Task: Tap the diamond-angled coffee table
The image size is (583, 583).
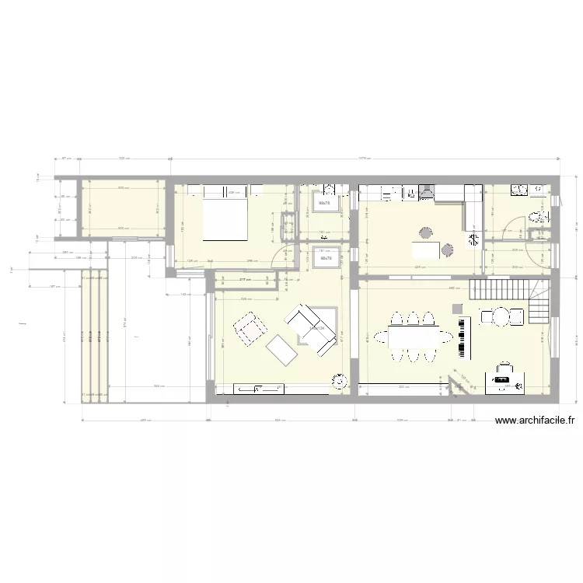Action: pyautogui.click(x=281, y=351)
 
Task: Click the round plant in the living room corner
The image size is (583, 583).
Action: pyautogui.click(x=339, y=381)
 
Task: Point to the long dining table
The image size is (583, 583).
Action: pyautogui.click(x=413, y=337)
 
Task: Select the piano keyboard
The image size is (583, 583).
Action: pyautogui.click(x=464, y=337)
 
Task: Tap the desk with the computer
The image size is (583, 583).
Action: pyautogui.click(x=506, y=380)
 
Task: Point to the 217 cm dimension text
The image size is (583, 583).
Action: pyautogui.click(x=243, y=280)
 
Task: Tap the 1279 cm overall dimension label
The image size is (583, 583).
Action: pyautogui.click(x=362, y=159)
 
